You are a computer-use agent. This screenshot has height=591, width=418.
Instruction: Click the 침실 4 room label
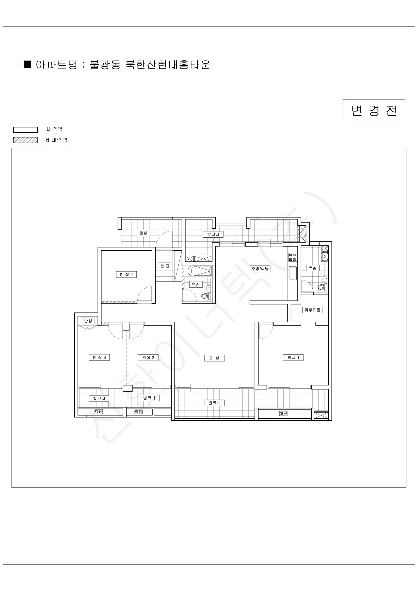(126, 274)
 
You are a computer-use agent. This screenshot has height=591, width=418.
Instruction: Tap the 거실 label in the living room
(214, 358)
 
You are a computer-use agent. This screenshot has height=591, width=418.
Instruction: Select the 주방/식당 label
(260, 269)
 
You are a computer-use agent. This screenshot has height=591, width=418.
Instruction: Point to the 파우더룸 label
(312, 310)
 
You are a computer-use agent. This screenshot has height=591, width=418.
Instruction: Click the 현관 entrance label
(164, 266)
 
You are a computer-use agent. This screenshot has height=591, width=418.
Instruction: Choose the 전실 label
(143, 233)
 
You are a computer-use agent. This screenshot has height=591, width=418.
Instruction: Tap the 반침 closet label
(88, 321)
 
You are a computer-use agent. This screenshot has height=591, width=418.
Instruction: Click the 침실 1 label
(293, 358)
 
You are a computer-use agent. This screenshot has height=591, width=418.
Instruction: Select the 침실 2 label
(148, 358)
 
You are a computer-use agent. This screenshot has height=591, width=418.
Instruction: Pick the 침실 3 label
(99, 357)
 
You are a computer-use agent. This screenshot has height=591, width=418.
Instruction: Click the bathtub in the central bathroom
(200, 271)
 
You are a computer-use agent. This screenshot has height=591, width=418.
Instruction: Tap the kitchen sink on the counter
(293, 273)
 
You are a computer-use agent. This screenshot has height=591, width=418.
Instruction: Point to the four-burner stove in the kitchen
(293, 257)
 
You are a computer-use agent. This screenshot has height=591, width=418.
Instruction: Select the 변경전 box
(374, 110)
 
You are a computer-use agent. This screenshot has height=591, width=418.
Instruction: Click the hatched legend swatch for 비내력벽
(26, 140)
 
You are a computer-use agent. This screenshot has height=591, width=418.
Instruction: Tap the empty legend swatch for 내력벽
(26, 130)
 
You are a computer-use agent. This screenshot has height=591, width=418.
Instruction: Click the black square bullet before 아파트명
(27, 64)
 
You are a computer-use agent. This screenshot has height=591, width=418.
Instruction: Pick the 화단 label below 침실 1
(283, 413)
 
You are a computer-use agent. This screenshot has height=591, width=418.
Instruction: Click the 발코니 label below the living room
(214, 403)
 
